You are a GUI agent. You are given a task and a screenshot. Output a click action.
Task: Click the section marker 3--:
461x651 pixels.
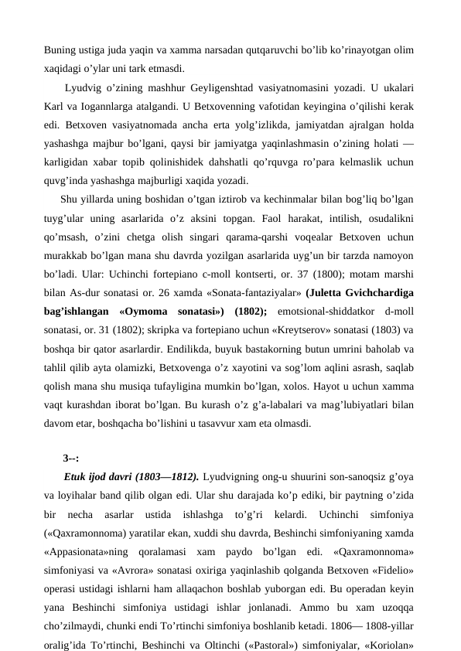pyautogui.click(x=71, y=458)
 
